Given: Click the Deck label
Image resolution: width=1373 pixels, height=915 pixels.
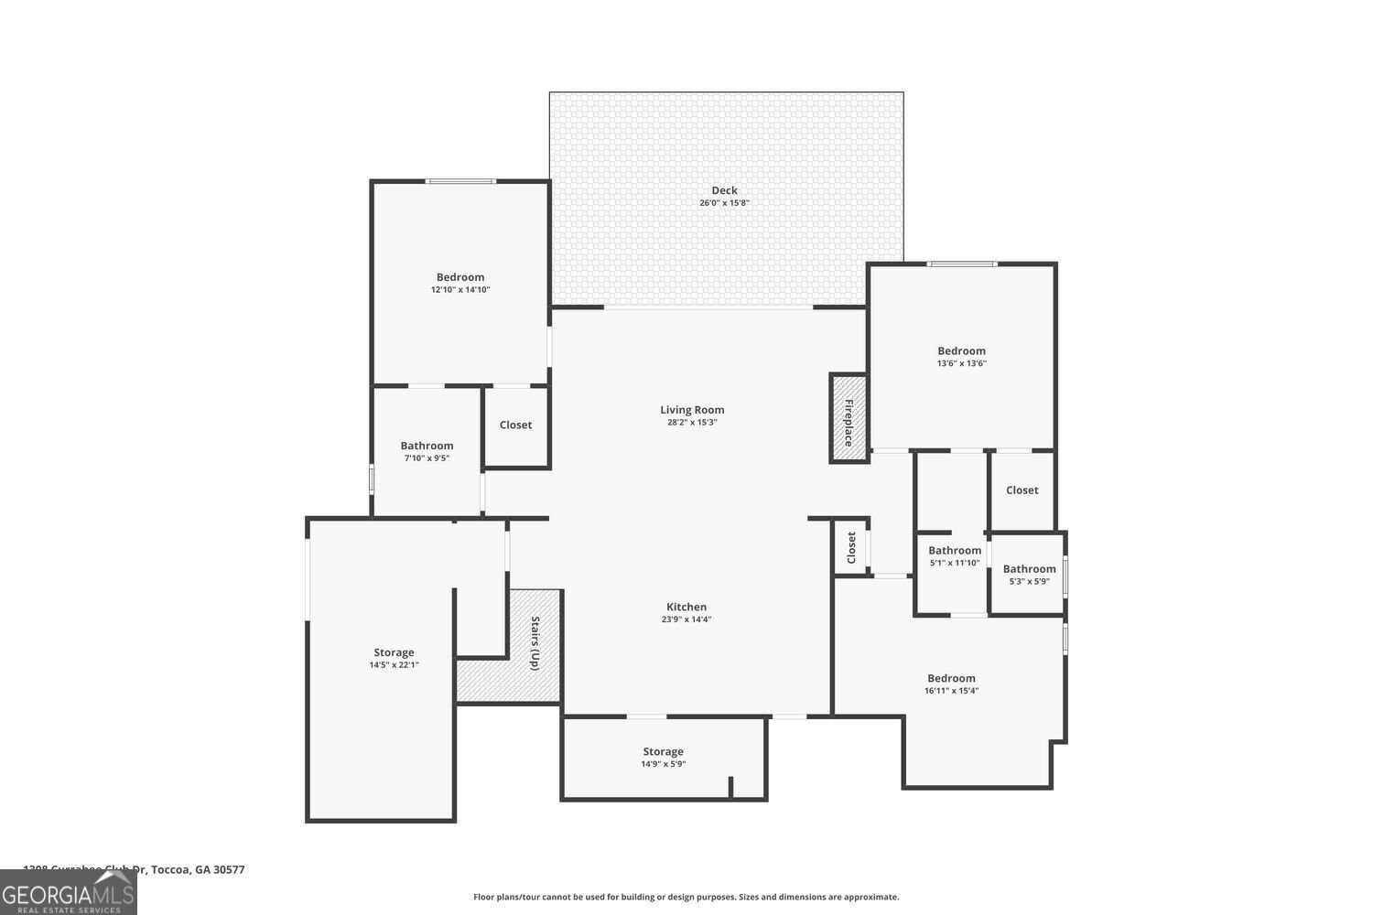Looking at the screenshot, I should [x=724, y=190].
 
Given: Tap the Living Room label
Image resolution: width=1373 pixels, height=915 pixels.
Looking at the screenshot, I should [x=692, y=410].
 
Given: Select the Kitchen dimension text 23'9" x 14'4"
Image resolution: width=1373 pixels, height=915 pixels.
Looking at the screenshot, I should [x=686, y=619].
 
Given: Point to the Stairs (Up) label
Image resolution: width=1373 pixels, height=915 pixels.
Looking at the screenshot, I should [x=535, y=643].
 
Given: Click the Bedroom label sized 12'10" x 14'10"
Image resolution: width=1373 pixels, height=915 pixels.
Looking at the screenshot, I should [x=460, y=277].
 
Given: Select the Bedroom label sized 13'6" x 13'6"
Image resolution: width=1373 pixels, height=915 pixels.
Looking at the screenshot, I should [x=961, y=350].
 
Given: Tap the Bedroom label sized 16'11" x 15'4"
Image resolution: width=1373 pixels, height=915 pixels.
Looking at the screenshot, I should [x=951, y=678].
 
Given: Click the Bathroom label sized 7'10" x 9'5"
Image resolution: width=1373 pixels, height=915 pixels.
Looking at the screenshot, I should [x=427, y=446].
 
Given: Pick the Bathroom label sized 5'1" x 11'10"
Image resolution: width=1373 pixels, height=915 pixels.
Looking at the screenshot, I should [x=955, y=550].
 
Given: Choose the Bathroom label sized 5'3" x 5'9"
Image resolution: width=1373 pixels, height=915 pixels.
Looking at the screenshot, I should [x=1029, y=568].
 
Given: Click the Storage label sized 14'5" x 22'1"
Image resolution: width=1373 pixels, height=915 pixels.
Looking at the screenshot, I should [x=394, y=652].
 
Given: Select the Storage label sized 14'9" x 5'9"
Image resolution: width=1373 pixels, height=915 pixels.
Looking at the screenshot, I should [x=663, y=751].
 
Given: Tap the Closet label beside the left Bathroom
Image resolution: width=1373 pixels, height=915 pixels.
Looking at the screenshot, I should [x=515, y=425].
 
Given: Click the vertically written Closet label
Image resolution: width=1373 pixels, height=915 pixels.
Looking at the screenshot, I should [x=851, y=547].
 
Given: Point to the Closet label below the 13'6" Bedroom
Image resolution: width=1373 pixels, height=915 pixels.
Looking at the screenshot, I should [x=1022, y=490].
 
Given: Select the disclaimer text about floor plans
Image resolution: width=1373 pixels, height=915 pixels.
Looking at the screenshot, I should [x=686, y=897].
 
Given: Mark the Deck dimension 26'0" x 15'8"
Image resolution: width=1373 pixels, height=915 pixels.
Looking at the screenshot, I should [x=724, y=203].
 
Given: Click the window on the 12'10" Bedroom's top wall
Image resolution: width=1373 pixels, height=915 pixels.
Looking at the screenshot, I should [x=461, y=181].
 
